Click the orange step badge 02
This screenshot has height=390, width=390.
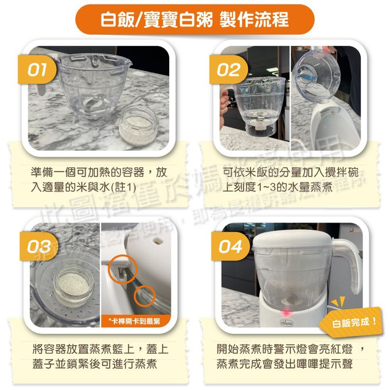(228, 71)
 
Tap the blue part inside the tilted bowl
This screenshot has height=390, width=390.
(313, 76)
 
